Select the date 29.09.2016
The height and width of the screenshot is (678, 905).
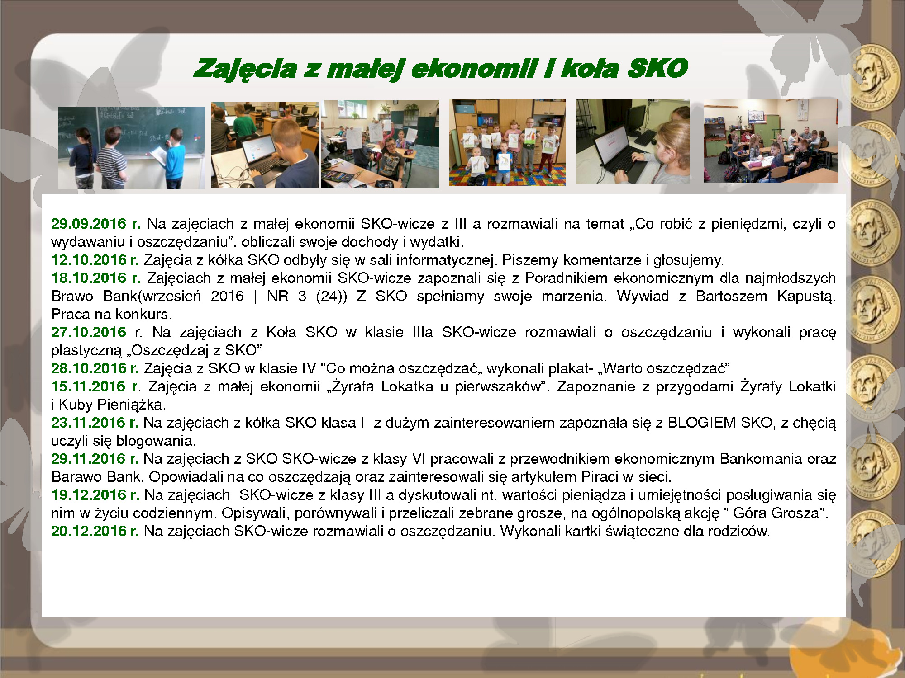tap(89, 224)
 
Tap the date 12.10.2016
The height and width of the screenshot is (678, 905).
tap(89, 260)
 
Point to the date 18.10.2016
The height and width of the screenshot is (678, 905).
tap(89, 278)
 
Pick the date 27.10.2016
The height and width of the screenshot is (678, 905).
tap(89, 332)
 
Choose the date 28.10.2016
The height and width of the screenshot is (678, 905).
tap(89, 368)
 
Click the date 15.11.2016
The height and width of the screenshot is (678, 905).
tap(89, 386)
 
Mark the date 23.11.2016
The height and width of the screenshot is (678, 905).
tap(89, 423)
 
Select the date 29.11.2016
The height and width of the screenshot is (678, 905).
tap(89, 459)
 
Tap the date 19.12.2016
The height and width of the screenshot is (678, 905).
tap(89, 495)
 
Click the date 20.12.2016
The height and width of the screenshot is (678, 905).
tap(89, 531)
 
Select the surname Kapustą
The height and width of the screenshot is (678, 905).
tap(806, 297)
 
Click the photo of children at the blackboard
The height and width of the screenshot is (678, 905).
tap(131, 148)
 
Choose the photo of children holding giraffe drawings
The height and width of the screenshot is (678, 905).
tap(507, 142)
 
